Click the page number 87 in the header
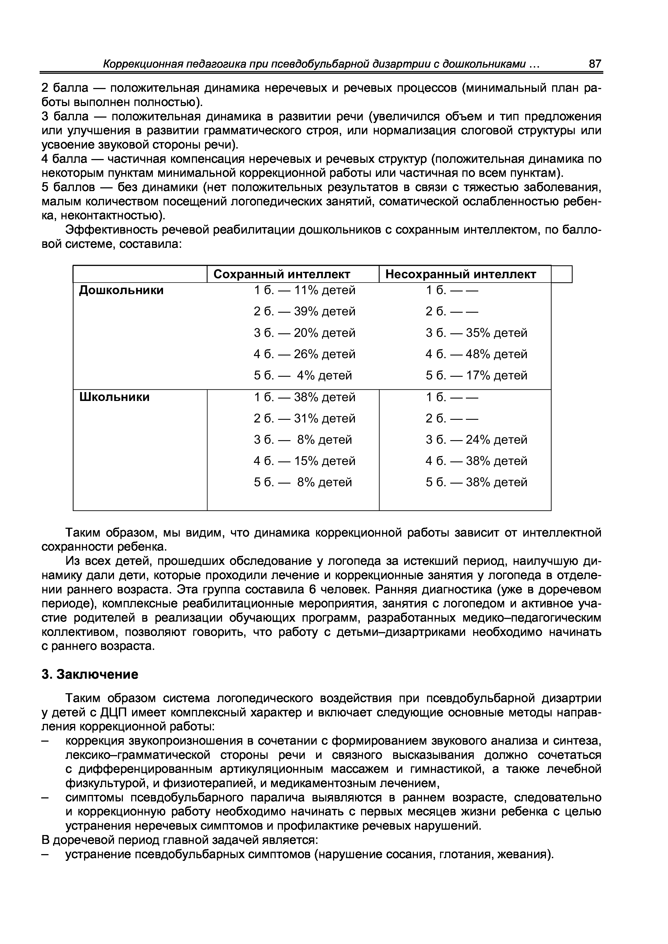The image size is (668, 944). (595, 64)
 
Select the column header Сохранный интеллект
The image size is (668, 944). (282, 274)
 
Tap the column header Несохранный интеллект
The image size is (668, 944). (461, 274)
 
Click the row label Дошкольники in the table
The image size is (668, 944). (121, 290)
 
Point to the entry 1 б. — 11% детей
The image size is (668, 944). (304, 290)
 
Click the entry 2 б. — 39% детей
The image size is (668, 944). (304, 312)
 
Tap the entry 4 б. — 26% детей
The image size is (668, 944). (304, 354)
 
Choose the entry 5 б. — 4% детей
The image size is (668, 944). (303, 375)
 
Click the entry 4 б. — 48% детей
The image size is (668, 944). (476, 354)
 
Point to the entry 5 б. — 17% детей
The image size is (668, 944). (476, 375)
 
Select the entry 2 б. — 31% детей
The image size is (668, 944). (304, 418)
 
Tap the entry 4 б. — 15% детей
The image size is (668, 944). (304, 461)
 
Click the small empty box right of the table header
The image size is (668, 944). (562, 274)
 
